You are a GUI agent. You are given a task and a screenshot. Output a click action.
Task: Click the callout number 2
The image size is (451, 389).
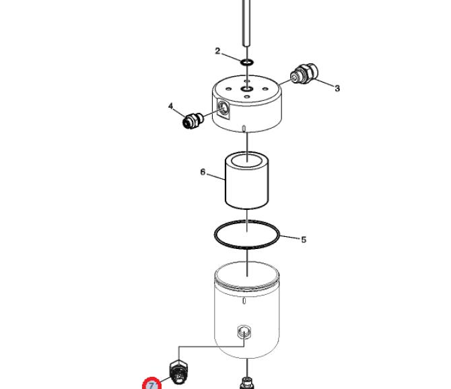[217, 51]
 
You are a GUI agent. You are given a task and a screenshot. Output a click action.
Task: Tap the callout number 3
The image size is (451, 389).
[337, 88]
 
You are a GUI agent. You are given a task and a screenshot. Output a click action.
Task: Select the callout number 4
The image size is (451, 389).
[171, 106]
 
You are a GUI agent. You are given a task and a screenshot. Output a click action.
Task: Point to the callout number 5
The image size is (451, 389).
[304, 240]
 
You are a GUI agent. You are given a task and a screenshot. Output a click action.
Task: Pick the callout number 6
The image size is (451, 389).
[203, 172]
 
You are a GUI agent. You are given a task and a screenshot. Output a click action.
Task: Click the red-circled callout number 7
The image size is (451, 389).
[151, 385]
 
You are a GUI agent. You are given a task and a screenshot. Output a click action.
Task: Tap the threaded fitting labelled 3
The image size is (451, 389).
[304, 73]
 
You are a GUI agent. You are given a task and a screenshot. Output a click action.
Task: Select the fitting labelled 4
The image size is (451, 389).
[193, 120]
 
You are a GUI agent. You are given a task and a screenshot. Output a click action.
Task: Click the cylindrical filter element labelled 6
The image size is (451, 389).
[247, 180]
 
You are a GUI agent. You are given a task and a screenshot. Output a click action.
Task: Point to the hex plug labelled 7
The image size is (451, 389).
[178, 372]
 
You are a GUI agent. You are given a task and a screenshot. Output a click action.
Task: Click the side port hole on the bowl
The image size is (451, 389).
[244, 332]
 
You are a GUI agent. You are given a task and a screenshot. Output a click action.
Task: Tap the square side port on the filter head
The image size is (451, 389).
[223, 108]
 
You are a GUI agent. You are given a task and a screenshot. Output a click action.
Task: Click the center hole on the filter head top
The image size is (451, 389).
[247, 89]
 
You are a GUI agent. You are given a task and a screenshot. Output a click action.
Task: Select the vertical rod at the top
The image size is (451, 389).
[246, 23]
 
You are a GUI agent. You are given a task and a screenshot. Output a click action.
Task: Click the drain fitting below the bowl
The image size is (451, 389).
[247, 384]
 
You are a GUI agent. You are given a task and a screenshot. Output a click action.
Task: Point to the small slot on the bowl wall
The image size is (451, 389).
[244, 301]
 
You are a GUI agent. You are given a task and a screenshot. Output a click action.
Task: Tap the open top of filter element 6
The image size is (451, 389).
[247, 160]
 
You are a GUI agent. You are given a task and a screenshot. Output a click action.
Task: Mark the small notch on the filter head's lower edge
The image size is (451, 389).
[244, 129]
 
